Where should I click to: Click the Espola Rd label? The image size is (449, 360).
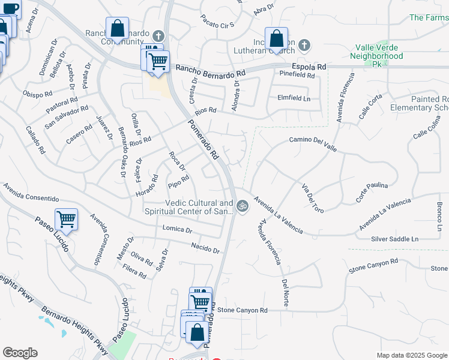tap(309, 67)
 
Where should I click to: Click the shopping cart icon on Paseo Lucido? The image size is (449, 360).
tap(66, 220)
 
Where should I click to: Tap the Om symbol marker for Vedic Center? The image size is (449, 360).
tap(243, 206)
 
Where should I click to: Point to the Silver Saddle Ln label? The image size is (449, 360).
tap(394, 239)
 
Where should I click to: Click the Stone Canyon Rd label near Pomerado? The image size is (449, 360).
tap(242, 310)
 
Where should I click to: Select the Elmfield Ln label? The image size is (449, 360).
tap(294, 98)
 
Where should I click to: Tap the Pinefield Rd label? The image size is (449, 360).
tap(297, 75)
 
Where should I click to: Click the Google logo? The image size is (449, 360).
tap(20, 352)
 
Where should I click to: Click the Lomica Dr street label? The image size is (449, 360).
tap(177, 229)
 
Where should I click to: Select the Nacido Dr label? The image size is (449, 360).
tap(206, 248)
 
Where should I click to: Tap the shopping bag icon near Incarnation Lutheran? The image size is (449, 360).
tap(276, 39)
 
